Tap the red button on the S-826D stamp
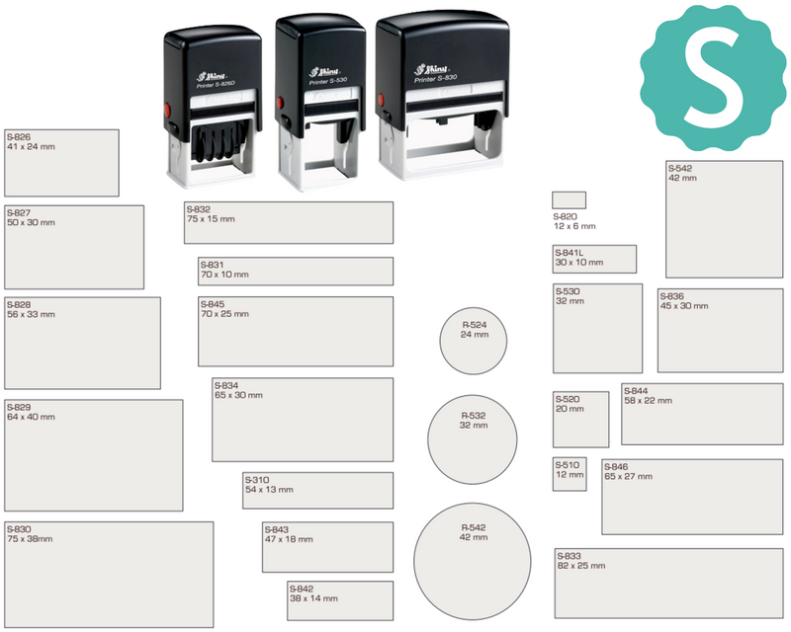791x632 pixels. (168, 110)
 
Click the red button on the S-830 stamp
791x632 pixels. (382, 100)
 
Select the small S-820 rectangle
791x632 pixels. (570, 200)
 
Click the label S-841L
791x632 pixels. (570, 253)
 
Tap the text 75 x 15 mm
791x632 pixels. (211, 218)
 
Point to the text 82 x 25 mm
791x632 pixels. (581, 566)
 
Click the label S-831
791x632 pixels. (212, 265)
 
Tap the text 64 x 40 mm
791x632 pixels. (31, 417)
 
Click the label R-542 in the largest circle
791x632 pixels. (474, 527)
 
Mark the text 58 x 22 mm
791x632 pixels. (648, 401)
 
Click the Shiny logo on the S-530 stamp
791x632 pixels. (324, 71)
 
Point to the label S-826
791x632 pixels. (19, 137)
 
